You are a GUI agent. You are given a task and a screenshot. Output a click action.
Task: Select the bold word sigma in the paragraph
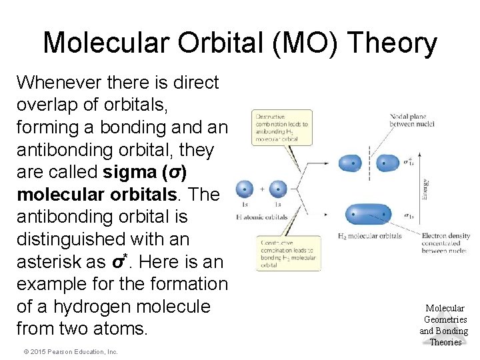click(x=131, y=172)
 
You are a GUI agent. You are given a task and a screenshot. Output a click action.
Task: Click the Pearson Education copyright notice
click(x=67, y=351)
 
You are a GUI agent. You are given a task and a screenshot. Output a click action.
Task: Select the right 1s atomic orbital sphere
click(x=278, y=189)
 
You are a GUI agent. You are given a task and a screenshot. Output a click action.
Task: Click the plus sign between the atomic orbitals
click(x=261, y=189)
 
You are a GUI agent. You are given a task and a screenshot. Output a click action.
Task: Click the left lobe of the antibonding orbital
click(x=350, y=162)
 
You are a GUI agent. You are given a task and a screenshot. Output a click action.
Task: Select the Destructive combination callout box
click(x=283, y=127)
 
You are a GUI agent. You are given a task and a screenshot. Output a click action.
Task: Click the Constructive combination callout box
click(x=283, y=254)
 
